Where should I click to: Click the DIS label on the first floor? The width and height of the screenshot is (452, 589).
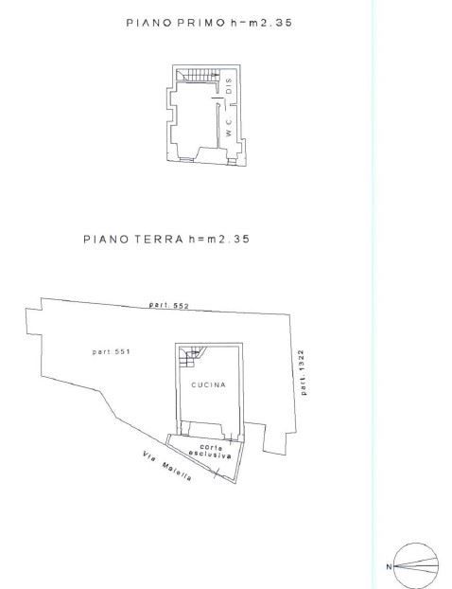pos(229,86)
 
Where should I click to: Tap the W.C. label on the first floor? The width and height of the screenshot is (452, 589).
pos(229,127)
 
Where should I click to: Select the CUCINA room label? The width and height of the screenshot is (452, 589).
pos(209,385)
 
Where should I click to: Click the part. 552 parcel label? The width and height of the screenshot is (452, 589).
pos(169,305)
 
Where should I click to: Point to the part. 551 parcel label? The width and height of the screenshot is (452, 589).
pos(111,351)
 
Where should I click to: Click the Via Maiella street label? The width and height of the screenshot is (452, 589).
pos(167,466)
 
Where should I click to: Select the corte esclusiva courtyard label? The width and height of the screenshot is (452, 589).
pos(210,451)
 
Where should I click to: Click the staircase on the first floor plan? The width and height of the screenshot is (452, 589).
pos(198,75)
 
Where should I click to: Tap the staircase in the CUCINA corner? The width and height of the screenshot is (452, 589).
pos(191,356)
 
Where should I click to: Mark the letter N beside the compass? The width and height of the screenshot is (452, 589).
pos(389,567)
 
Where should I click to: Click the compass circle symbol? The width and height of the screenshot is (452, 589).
pos(416,544)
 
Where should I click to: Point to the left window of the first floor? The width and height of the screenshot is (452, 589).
pos(186,160)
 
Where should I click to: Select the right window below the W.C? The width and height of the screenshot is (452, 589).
pos(233,161)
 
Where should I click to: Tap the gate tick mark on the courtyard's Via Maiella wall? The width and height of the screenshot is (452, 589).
pos(216,473)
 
